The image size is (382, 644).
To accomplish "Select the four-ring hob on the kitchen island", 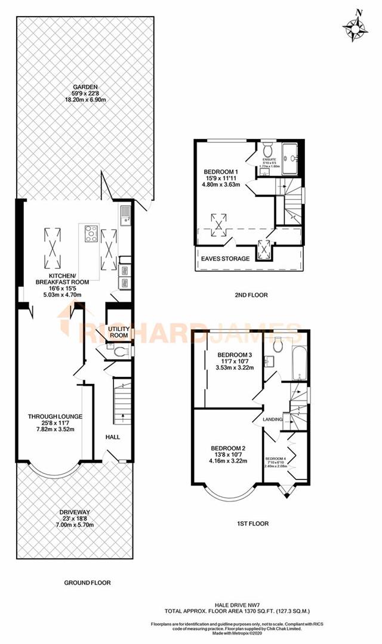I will coord(91,233).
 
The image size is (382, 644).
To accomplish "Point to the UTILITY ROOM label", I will coord(118,332).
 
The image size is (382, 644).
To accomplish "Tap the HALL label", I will coord(112,437).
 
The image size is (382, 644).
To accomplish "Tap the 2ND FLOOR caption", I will coord(251,295).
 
